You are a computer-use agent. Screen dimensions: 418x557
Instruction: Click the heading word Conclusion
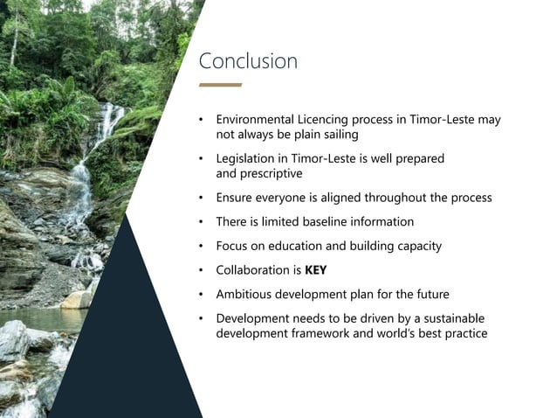tap(248, 61)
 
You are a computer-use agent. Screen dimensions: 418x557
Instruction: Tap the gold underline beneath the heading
tap(220, 85)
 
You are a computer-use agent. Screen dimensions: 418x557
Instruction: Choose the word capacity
tap(416, 246)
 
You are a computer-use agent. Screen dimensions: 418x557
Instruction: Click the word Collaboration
tap(254, 270)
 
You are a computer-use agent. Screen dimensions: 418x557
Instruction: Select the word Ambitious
tap(246, 294)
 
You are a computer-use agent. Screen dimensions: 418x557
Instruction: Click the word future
tap(454, 294)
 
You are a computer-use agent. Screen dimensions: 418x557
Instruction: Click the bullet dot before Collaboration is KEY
tap(200, 270)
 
